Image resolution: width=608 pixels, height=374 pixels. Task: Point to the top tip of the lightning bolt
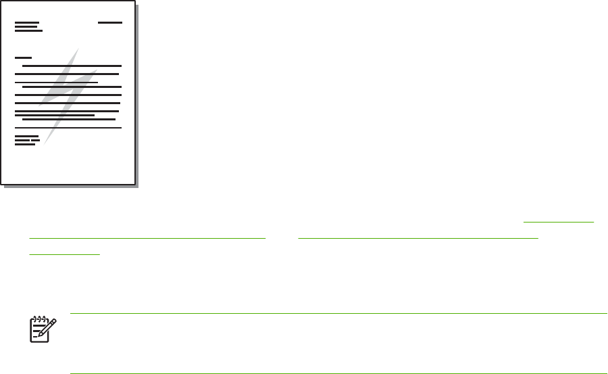click(78, 49)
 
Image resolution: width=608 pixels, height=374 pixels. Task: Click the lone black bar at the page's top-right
click(109, 22)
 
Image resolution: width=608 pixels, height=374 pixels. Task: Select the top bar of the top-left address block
click(26, 22)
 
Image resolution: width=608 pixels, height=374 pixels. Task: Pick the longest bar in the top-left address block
click(28, 30)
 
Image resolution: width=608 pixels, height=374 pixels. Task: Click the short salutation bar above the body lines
click(23, 58)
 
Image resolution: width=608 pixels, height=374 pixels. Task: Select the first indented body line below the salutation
click(71, 66)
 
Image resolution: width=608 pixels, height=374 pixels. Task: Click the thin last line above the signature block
click(68, 127)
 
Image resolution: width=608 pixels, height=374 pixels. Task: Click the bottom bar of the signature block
click(24, 144)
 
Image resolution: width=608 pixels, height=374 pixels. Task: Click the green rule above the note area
click(338, 313)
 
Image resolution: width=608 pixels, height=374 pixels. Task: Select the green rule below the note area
click(338, 373)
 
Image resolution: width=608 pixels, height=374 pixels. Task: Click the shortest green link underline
click(64, 254)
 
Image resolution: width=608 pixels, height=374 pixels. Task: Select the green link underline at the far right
click(559, 221)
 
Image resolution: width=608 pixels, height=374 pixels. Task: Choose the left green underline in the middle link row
click(147, 238)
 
